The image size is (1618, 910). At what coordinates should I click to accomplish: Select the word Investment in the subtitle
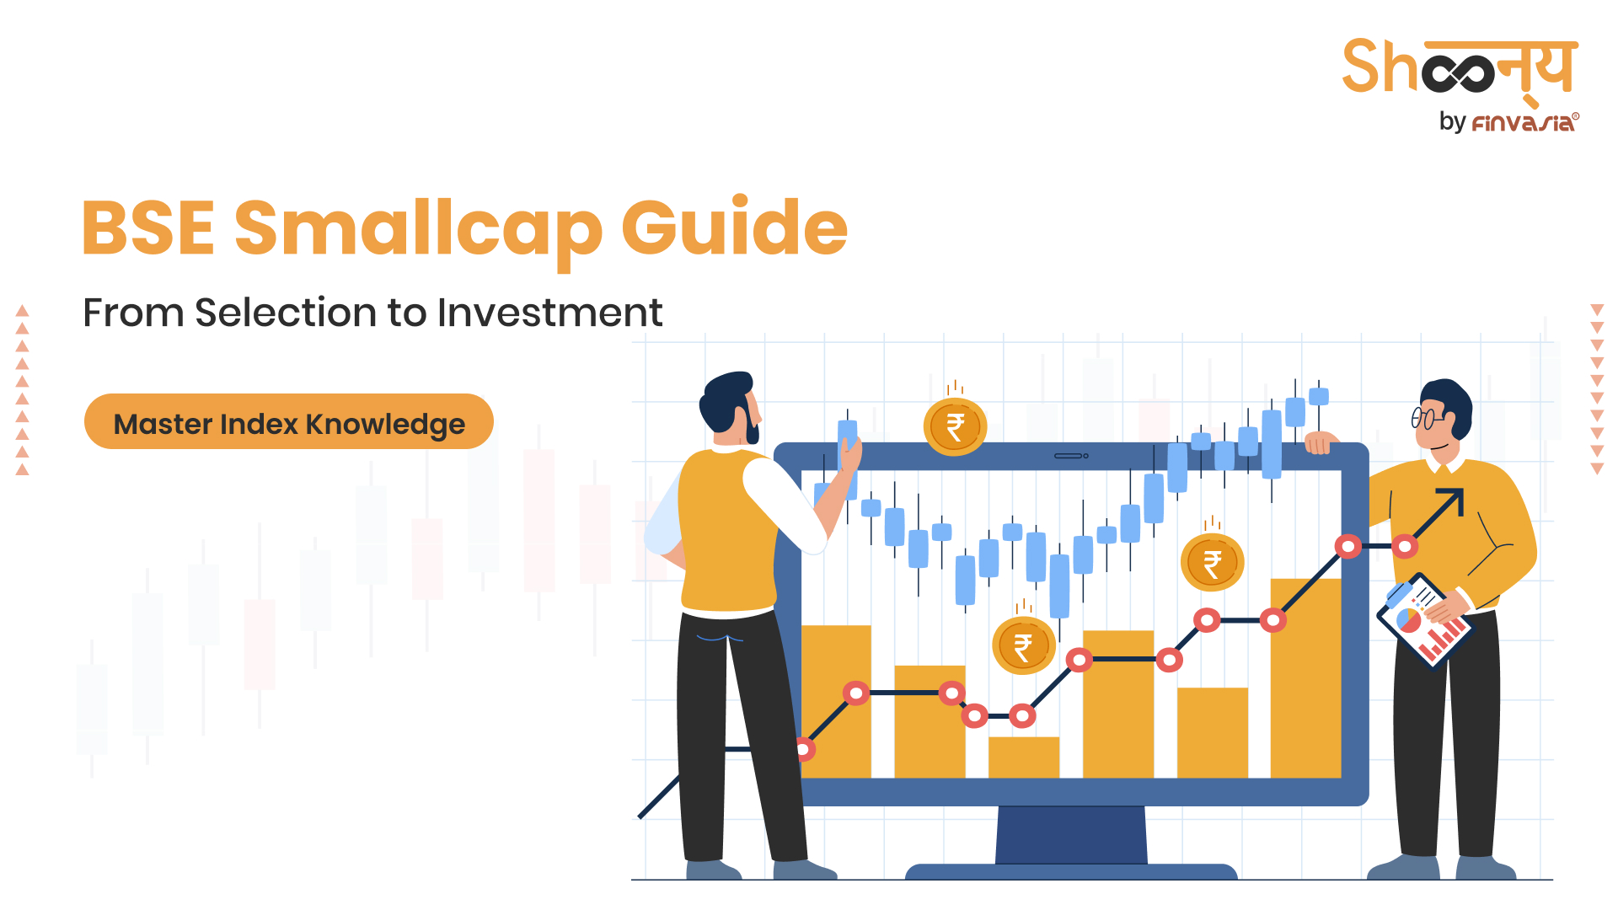(x=549, y=313)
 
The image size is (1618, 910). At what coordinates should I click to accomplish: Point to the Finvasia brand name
(x=1524, y=123)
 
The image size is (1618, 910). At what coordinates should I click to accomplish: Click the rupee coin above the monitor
(x=955, y=427)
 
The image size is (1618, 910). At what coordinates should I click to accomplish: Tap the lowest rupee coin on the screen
(x=1023, y=646)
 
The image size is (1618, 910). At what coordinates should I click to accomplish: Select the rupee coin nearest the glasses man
(x=1212, y=563)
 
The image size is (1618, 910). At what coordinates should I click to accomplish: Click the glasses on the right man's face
(x=1428, y=417)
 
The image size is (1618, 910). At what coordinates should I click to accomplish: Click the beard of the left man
(x=749, y=423)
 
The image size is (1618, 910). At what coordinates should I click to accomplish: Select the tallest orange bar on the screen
(x=1305, y=678)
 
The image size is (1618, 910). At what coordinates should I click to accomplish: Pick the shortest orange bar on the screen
(x=1023, y=757)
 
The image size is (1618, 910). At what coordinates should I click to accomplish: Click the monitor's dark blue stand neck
(x=1071, y=835)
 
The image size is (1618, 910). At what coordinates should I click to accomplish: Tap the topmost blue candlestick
(x=1319, y=396)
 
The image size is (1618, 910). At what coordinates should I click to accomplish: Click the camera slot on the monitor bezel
(x=1071, y=456)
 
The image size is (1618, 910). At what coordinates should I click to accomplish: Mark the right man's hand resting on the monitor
(x=1321, y=442)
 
